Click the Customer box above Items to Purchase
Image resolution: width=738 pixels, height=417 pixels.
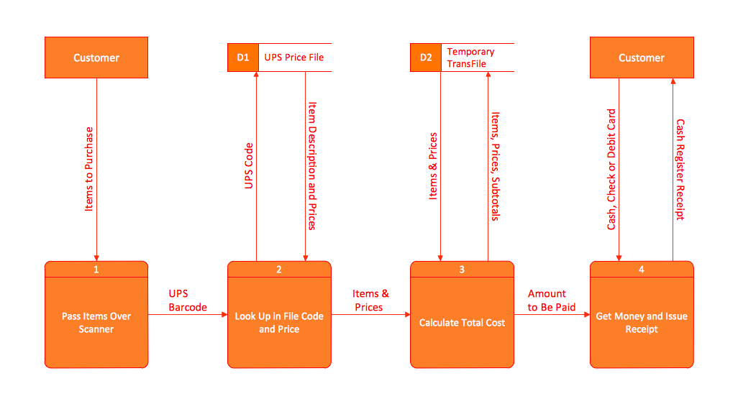[96, 58]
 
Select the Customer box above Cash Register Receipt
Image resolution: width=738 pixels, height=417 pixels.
[642, 58]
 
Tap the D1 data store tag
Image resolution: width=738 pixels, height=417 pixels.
[243, 58]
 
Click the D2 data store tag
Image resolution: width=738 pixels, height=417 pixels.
[426, 58]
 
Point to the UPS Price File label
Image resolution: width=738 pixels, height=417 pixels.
[294, 58]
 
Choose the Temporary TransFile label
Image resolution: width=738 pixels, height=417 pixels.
[470, 58]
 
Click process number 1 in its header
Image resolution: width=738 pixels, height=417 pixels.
[96, 270]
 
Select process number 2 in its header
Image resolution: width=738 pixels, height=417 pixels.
[279, 270]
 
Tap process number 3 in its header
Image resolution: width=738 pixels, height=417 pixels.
[462, 270]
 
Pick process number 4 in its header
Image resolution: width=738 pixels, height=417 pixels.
[642, 270]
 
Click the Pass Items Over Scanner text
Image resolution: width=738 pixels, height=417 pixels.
[96, 323]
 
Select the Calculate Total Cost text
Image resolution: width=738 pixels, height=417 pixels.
[462, 323]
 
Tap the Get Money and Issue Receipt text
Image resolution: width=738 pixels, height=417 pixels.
[642, 323]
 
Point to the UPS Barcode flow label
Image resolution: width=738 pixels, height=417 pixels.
[188, 301]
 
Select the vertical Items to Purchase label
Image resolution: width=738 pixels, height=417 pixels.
[89, 169]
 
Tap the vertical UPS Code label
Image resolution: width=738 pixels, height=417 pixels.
[249, 165]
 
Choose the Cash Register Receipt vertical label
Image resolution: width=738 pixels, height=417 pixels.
[680, 169]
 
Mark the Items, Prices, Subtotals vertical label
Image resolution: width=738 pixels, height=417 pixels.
[495, 165]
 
